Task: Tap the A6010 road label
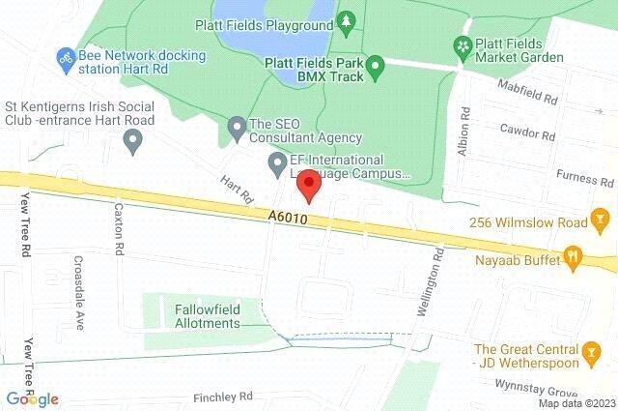point(289,220)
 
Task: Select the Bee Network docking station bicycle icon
point(67,58)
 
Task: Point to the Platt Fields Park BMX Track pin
point(378,66)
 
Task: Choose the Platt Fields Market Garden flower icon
point(463,45)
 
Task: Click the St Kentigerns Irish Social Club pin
point(134,142)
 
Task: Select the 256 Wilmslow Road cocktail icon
point(600,223)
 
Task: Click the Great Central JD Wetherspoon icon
point(590,356)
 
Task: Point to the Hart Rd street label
point(236,190)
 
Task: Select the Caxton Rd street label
point(119,227)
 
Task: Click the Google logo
point(32,399)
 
